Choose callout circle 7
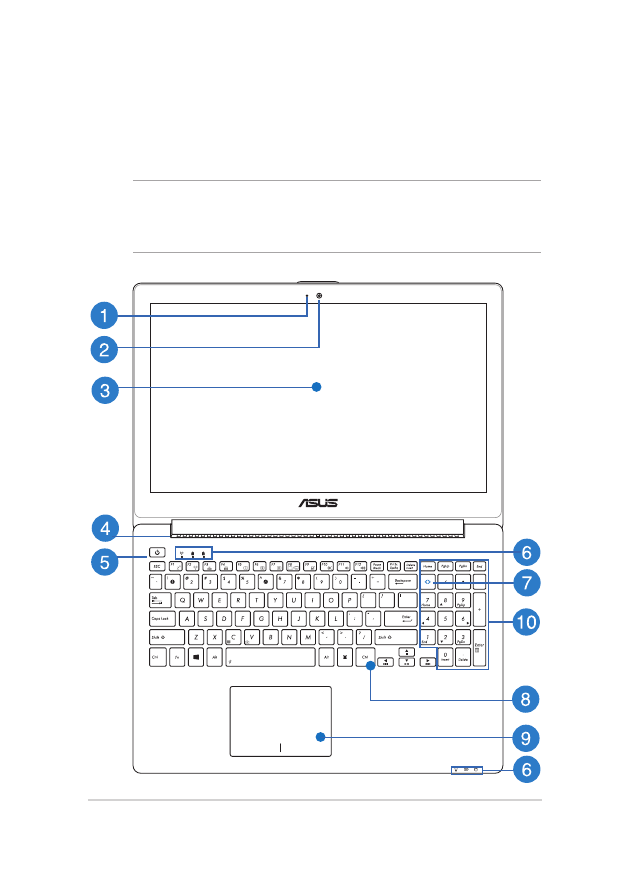pyautogui.click(x=526, y=582)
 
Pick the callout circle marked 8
pyautogui.click(x=526, y=697)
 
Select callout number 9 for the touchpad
pyautogui.click(x=526, y=738)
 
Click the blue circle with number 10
pyautogui.click(x=526, y=622)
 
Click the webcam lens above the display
pyautogui.click(x=320, y=296)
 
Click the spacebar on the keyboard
pyautogui.click(x=270, y=658)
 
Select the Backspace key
pyautogui.click(x=404, y=580)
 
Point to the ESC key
pyautogui.click(x=157, y=565)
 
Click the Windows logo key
pyautogui.click(x=196, y=658)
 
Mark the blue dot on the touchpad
pyautogui.click(x=320, y=738)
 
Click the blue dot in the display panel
pyautogui.click(x=316, y=387)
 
